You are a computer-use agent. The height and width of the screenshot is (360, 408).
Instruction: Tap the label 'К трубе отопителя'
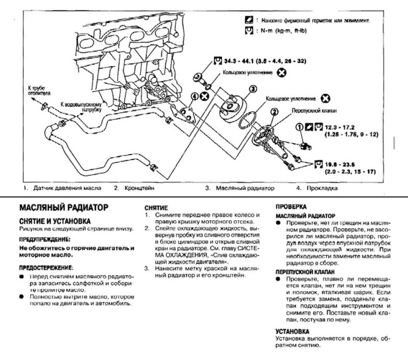(38, 90)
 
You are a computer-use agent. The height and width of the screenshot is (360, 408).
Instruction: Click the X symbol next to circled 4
(205, 96)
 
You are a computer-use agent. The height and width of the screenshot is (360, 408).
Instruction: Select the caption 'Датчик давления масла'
(66, 188)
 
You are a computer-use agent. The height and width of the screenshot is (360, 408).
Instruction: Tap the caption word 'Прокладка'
(323, 188)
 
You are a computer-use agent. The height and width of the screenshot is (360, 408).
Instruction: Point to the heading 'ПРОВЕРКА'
(291, 208)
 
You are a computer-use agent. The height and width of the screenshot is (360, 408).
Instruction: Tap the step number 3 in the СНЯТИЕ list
(146, 268)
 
